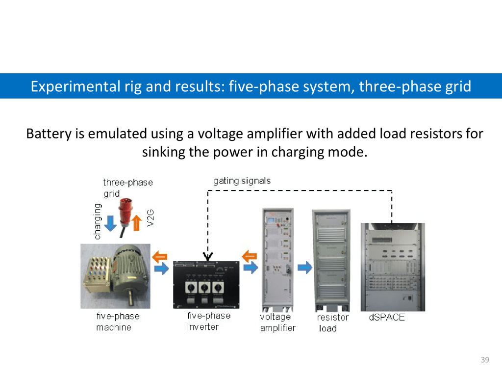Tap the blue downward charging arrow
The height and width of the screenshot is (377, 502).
[111, 223]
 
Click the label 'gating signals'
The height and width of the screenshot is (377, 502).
[242, 181]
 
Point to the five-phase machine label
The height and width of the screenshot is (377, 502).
[118, 322]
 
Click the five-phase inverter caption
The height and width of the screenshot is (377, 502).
[208, 321]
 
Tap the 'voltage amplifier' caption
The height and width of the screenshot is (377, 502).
[277, 323]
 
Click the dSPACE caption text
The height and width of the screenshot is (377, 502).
[387, 318]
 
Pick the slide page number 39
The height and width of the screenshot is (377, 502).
[485, 360]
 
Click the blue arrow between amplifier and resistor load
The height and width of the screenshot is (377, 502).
[305, 268]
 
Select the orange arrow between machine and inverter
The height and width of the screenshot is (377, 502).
[160, 256]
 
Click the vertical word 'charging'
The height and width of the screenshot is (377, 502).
[98, 221]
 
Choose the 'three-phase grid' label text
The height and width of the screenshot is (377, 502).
[127, 188]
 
